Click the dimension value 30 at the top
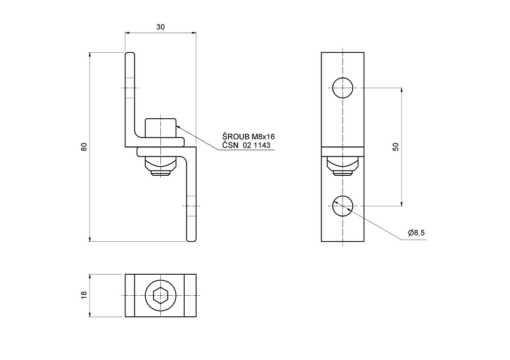[160, 27]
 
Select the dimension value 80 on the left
[84, 147]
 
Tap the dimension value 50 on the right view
[396, 147]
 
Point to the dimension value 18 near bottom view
[84, 295]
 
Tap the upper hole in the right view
[343, 88]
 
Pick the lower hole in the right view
[343, 205]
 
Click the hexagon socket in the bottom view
[160, 295]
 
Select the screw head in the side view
[160, 127]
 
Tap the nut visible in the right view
[343, 164]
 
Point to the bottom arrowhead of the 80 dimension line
[89, 238]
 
